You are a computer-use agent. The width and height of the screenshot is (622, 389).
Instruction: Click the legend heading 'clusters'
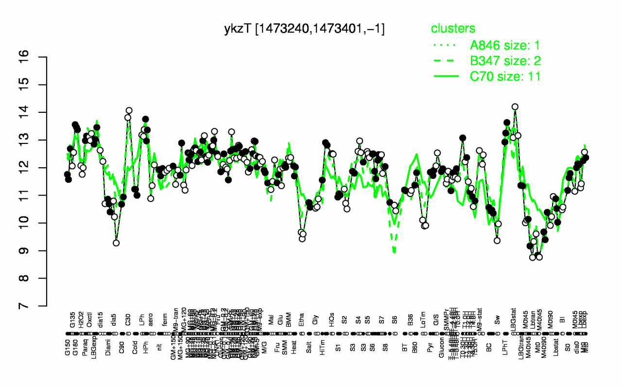[453, 28]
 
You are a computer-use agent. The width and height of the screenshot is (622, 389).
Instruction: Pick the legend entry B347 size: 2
[505, 61]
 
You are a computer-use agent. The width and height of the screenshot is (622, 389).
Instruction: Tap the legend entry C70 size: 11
[505, 76]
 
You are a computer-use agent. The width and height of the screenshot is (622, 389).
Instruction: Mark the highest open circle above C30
[129, 110]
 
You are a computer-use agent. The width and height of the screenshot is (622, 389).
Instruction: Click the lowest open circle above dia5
[116, 243]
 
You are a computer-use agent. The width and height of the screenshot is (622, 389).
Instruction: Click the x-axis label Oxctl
[90, 320]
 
